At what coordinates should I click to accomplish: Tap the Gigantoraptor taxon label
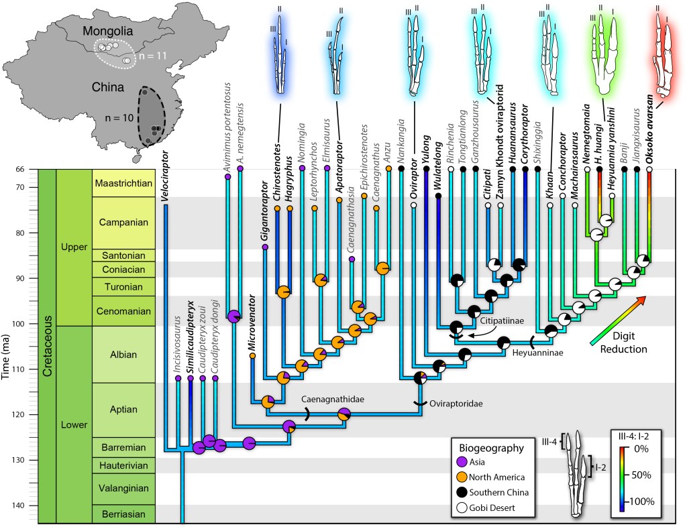[265, 215]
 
